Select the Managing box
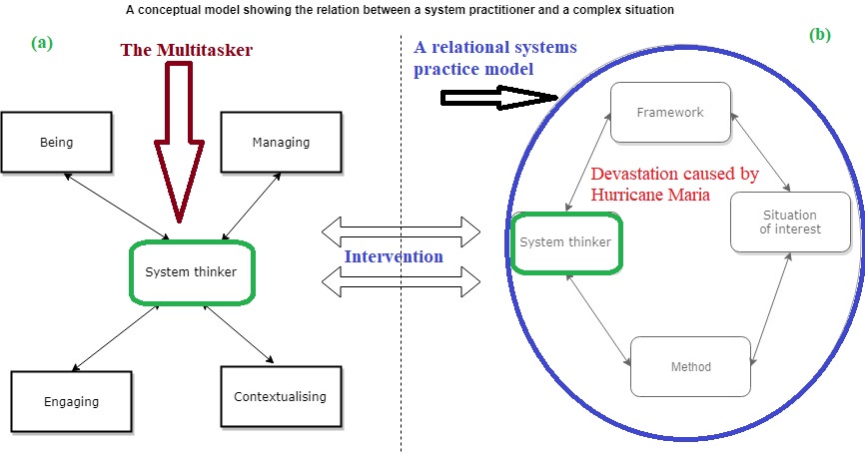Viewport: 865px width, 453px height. (x=281, y=142)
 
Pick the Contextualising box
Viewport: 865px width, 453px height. (x=280, y=396)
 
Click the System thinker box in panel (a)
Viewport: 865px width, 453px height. (x=191, y=271)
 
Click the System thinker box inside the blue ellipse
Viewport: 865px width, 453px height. (x=565, y=240)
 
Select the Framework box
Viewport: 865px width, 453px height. (x=669, y=112)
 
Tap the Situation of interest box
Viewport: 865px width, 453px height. (x=789, y=222)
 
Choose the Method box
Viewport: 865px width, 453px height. (x=690, y=366)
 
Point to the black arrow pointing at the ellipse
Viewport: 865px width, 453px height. (x=499, y=97)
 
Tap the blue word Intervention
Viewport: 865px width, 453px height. (x=394, y=256)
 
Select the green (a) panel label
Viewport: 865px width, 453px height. (x=41, y=42)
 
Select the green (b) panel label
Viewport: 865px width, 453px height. (x=819, y=34)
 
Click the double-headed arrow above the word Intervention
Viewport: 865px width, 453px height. (x=402, y=231)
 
